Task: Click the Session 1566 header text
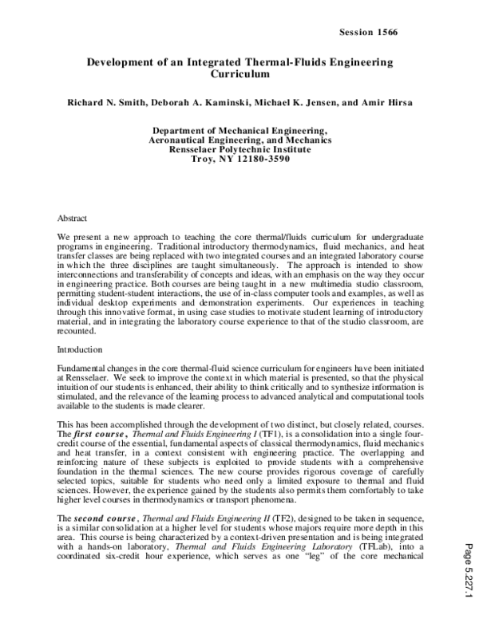(369, 32)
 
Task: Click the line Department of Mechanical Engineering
(239, 130)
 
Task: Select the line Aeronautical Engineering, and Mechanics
(239, 140)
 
